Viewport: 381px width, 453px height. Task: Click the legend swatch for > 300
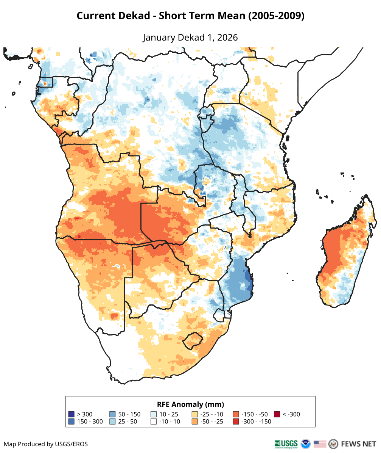click(71, 414)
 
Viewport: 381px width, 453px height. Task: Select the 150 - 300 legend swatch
click(71, 422)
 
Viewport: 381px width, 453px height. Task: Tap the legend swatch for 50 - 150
click(112, 414)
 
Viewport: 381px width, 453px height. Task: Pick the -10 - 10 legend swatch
click(154, 422)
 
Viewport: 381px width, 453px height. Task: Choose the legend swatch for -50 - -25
click(194, 422)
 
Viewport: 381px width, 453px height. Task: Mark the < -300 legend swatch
click(277, 414)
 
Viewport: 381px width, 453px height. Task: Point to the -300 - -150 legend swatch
click(236, 422)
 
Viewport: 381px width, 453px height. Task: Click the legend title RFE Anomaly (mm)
click(190, 404)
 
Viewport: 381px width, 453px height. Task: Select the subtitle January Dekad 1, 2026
click(190, 38)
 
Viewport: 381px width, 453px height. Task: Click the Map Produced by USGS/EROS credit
click(46, 444)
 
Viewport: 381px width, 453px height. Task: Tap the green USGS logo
click(286, 444)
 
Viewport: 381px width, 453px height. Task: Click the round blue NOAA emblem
click(305, 444)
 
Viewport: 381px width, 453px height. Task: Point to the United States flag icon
click(320, 444)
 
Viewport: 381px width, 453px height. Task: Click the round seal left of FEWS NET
click(333, 444)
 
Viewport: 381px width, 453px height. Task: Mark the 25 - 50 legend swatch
click(112, 422)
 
